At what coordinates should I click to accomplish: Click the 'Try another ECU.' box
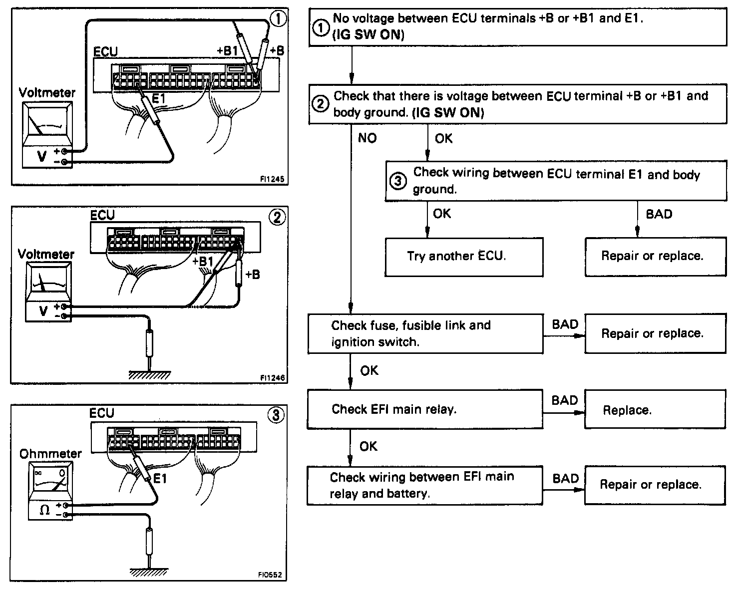pos(464,257)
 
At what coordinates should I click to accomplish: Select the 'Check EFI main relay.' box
pos(425,410)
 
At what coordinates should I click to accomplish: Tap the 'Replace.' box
pos(655,410)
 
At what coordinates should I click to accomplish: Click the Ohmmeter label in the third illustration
pos(50,454)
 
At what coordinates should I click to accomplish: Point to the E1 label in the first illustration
pos(158,99)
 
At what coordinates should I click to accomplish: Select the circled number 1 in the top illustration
pos(278,19)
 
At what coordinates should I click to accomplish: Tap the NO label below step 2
pos(367,138)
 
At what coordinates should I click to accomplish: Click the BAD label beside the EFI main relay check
pos(565,400)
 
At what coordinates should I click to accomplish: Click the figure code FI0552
pos(270,575)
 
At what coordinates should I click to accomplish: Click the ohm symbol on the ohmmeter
pos(44,510)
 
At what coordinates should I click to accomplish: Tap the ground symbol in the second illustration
pos(149,375)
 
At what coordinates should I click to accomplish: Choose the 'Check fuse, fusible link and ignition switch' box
pos(425,333)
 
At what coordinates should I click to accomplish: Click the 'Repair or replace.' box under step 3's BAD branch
pos(655,257)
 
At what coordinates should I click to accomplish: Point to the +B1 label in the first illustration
pos(228,50)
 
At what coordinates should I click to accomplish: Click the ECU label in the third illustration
pos(102,413)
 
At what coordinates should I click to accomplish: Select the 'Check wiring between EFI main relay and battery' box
pos(425,486)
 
